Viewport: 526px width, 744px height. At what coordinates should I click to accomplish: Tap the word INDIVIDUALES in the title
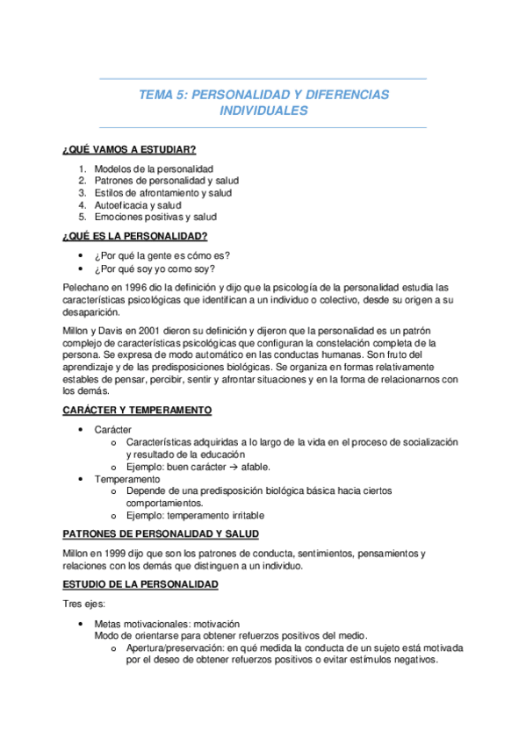pos(263,111)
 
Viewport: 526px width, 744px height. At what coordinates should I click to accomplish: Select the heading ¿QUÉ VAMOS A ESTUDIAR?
pos(129,150)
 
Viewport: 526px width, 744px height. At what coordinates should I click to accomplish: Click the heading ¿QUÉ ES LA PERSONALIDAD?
pos(135,236)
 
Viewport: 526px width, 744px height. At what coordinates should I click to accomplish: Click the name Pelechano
pos(86,287)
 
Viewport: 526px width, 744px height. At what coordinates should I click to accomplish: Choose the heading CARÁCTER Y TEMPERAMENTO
pos(137,411)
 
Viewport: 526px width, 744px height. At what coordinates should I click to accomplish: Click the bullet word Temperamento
pos(128,479)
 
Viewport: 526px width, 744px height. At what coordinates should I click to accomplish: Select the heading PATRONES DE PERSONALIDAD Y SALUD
pos(161,534)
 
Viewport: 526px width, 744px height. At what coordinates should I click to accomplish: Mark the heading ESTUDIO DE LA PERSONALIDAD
pos(141,583)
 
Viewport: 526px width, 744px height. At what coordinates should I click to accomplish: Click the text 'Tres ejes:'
pos(85,604)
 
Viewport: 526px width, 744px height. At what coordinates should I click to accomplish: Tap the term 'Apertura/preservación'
pos(176,647)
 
